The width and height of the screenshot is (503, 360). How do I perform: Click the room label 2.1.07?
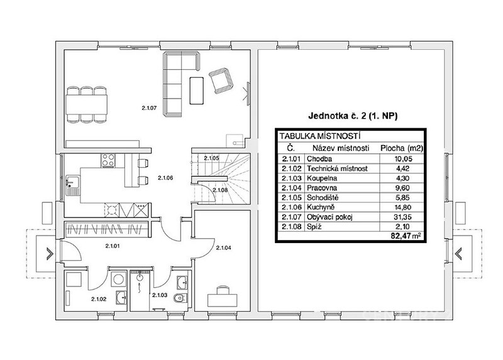pos(149,108)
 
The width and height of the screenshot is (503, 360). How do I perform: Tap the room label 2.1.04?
pos(224,248)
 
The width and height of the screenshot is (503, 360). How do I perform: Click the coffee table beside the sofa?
pos(196,90)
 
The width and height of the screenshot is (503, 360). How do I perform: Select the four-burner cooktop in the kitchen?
pos(108,160)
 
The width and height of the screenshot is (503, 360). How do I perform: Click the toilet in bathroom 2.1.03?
pos(178,298)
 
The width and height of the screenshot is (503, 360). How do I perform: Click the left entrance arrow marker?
pos(50,253)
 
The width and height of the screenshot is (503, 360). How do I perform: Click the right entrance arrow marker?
pos(459,253)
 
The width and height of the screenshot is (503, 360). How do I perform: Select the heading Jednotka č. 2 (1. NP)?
pos(353,116)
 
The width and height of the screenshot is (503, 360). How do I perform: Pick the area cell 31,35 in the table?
pos(403,217)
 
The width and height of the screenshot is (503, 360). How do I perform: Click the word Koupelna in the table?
pos(322,178)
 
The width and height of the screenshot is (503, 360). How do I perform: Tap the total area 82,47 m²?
pos(406,236)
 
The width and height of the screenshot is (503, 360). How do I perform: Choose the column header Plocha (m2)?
pos(402,148)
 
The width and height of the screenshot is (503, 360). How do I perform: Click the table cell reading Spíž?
pos(314,227)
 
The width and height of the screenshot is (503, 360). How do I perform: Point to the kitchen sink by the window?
pos(70,185)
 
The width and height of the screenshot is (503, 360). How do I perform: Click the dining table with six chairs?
pos(87,104)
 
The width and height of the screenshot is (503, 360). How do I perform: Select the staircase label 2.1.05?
pos(211,158)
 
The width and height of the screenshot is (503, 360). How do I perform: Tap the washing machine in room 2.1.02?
pos(118,279)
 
